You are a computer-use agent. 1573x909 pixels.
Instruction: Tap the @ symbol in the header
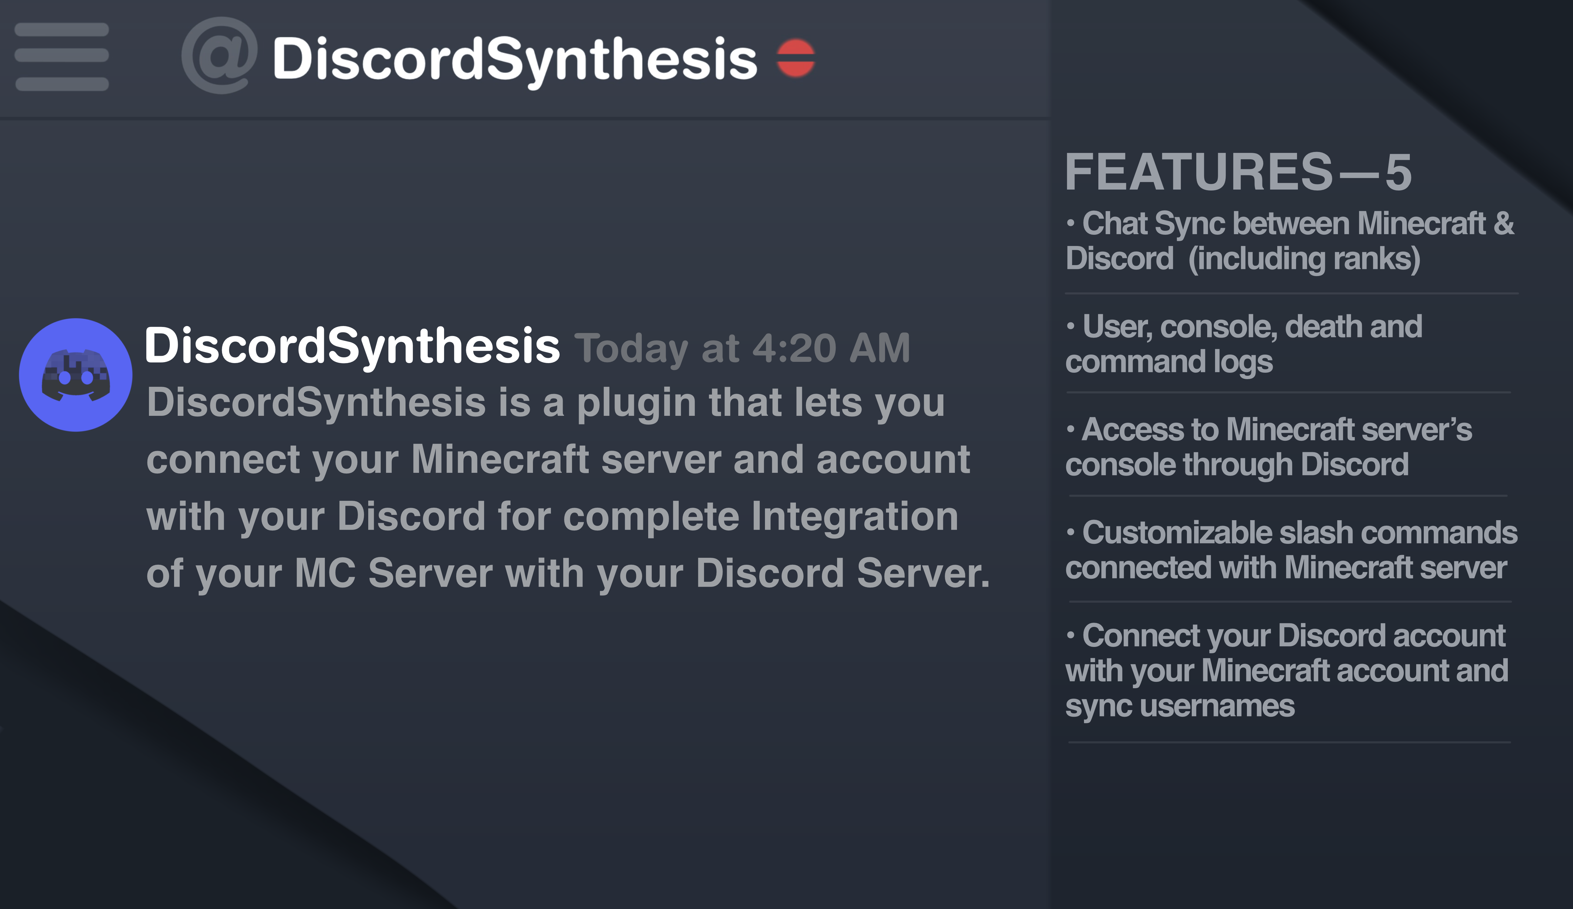coord(219,56)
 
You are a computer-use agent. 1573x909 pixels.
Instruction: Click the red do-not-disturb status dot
coord(795,58)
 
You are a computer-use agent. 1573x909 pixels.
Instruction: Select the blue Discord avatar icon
coord(76,375)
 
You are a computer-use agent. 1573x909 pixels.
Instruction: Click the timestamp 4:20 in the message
coord(794,348)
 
